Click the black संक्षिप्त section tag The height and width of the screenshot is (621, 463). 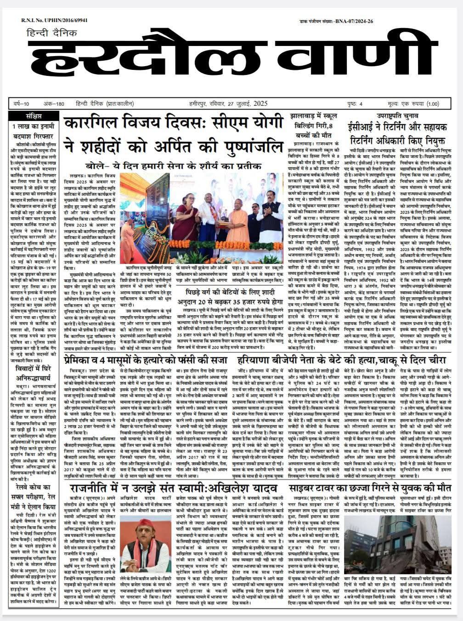click(x=34, y=115)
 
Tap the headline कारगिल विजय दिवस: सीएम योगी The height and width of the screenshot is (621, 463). click(x=174, y=124)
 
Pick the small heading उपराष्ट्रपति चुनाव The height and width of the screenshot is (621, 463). click(x=398, y=117)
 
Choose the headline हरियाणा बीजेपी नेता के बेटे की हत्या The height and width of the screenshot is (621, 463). click(x=341, y=359)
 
